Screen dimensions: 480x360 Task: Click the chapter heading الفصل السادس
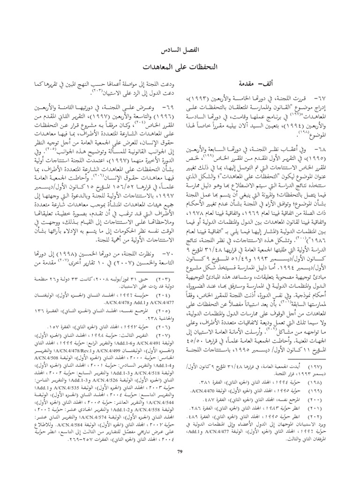click(180, 49)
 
